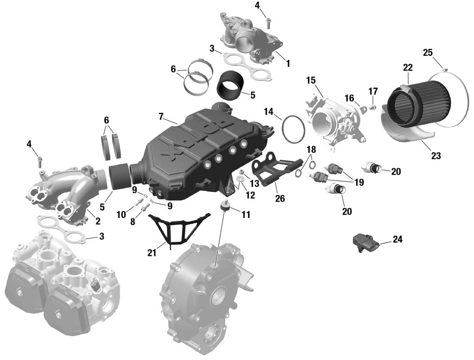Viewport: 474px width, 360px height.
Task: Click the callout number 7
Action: [x=161, y=116]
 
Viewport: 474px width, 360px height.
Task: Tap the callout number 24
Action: [x=397, y=239]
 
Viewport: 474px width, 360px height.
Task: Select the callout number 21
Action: [x=152, y=253]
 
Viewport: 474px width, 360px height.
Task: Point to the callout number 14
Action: [x=268, y=112]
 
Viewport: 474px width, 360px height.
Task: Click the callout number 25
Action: [x=428, y=53]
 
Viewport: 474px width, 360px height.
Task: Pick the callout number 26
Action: [x=280, y=198]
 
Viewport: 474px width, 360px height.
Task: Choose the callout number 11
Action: [x=246, y=215]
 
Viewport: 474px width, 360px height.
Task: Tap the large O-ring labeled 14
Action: [x=282, y=128]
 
